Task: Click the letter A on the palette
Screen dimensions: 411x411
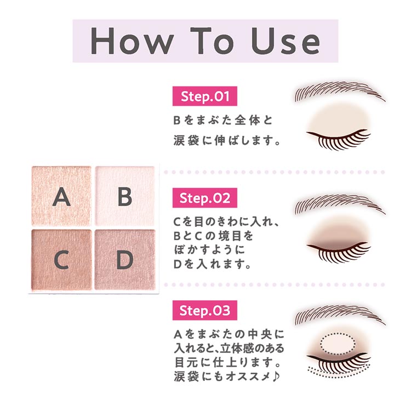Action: click(61, 196)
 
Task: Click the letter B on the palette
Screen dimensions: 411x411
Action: click(125, 196)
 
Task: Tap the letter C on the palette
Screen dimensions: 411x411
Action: click(61, 261)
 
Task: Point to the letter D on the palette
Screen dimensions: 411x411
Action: click(125, 261)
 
